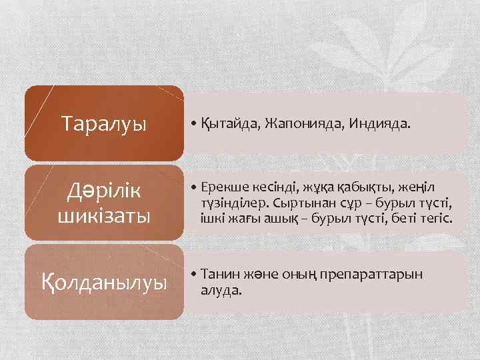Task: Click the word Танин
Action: click(x=217, y=275)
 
